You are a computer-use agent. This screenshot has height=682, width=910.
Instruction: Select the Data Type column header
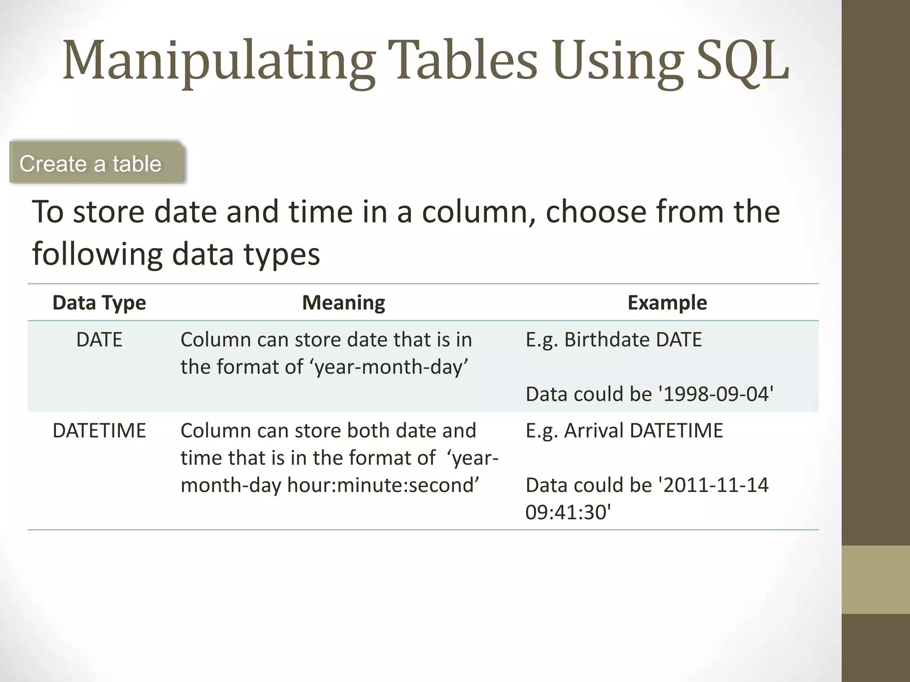(x=99, y=303)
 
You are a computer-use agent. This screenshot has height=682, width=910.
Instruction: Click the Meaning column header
(x=343, y=303)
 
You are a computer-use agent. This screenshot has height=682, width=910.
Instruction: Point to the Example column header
(x=667, y=303)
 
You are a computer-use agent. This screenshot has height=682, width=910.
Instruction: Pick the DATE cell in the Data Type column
(x=99, y=340)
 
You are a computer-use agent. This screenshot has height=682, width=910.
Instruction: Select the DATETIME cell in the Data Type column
(x=99, y=431)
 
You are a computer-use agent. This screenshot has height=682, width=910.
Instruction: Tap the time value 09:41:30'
(x=568, y=512)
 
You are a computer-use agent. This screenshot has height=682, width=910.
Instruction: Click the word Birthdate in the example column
(x=607, y=340)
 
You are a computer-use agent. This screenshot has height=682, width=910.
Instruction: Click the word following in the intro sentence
(x=97, y=254)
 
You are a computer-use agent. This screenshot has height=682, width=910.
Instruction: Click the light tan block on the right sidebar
(x=876, y=579)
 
